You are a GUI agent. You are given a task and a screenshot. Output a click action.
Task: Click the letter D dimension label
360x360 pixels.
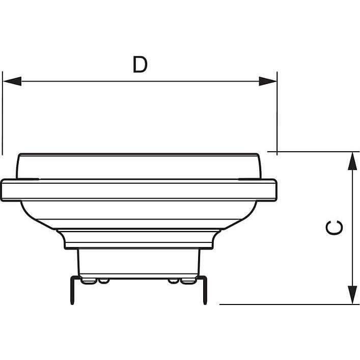tap(140, 65)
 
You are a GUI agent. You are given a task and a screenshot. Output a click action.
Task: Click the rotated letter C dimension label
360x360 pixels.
tap(334, 228)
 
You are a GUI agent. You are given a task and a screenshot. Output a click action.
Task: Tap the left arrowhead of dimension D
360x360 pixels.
tap(12, 81)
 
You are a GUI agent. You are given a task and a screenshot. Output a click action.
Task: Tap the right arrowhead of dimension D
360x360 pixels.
tap(268, 81)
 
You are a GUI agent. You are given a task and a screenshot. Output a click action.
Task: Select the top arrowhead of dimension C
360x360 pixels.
tap(352, 161)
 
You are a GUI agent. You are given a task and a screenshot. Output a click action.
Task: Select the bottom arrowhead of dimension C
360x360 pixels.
tap(352, 295)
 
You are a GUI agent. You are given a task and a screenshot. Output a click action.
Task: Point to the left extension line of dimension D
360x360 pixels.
tap(3, 113)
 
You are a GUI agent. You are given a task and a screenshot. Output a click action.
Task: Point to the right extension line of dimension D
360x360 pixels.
tap(277, 113)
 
